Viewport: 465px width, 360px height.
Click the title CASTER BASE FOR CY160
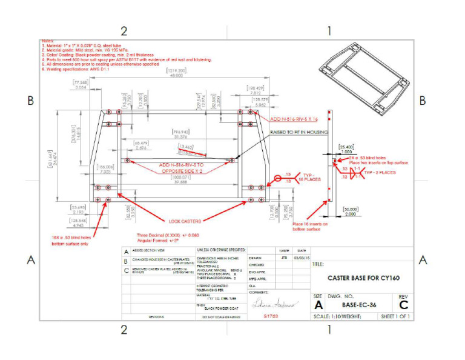354,278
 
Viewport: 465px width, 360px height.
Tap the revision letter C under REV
403,305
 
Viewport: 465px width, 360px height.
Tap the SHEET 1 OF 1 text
395,316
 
